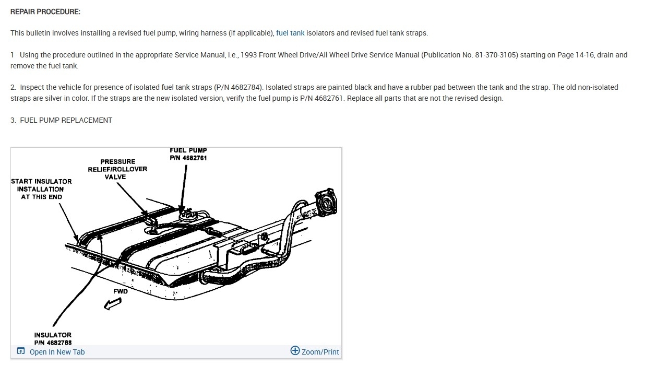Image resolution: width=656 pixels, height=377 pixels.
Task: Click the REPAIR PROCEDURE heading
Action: point(45,11)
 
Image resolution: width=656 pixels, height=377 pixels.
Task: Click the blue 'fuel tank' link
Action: point(290,33)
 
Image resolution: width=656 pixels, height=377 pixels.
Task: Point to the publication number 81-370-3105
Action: point(496,55)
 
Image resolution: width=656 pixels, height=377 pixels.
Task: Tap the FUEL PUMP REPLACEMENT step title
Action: point(66,120)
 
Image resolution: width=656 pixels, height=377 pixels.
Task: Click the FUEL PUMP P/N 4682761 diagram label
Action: point(188,154)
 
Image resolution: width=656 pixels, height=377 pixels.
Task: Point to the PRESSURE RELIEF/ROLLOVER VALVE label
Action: point(117,169)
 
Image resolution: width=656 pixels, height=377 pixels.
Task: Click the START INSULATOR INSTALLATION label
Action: point(41,189)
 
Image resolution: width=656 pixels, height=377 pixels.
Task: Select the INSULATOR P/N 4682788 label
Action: point(53,339)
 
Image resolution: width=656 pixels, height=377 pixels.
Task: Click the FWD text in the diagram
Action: point(121,291)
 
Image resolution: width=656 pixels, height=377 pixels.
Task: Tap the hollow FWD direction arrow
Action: point(113,303)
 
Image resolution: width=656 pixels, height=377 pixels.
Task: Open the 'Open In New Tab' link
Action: point(57,352)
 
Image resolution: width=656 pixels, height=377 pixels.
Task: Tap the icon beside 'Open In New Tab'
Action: point(21,351)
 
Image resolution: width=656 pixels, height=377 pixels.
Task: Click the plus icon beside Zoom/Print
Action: point(295,351)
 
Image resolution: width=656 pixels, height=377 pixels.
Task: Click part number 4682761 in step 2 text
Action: point(324,98)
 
